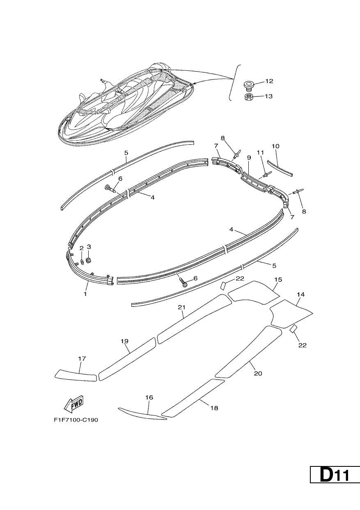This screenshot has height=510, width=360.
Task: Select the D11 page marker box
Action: coord(335,475)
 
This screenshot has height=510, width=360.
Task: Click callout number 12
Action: coord(269,81)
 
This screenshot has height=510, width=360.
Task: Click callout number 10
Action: coord(275,146)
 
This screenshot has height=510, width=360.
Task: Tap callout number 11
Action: coord(260,153)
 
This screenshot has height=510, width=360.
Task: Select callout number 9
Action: coord(249,158)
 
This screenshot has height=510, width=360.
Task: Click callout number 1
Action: coord(85,294)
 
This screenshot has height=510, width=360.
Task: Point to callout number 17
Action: coord(82,359)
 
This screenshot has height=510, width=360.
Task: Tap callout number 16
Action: coord(149,397)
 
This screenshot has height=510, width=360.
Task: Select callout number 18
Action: coord(214,408)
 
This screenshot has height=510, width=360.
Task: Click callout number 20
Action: coord(258,373)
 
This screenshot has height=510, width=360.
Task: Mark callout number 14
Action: coord(300,294)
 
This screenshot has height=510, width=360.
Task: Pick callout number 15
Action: coord(278,279)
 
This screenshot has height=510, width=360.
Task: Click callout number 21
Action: coord(181,307)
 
